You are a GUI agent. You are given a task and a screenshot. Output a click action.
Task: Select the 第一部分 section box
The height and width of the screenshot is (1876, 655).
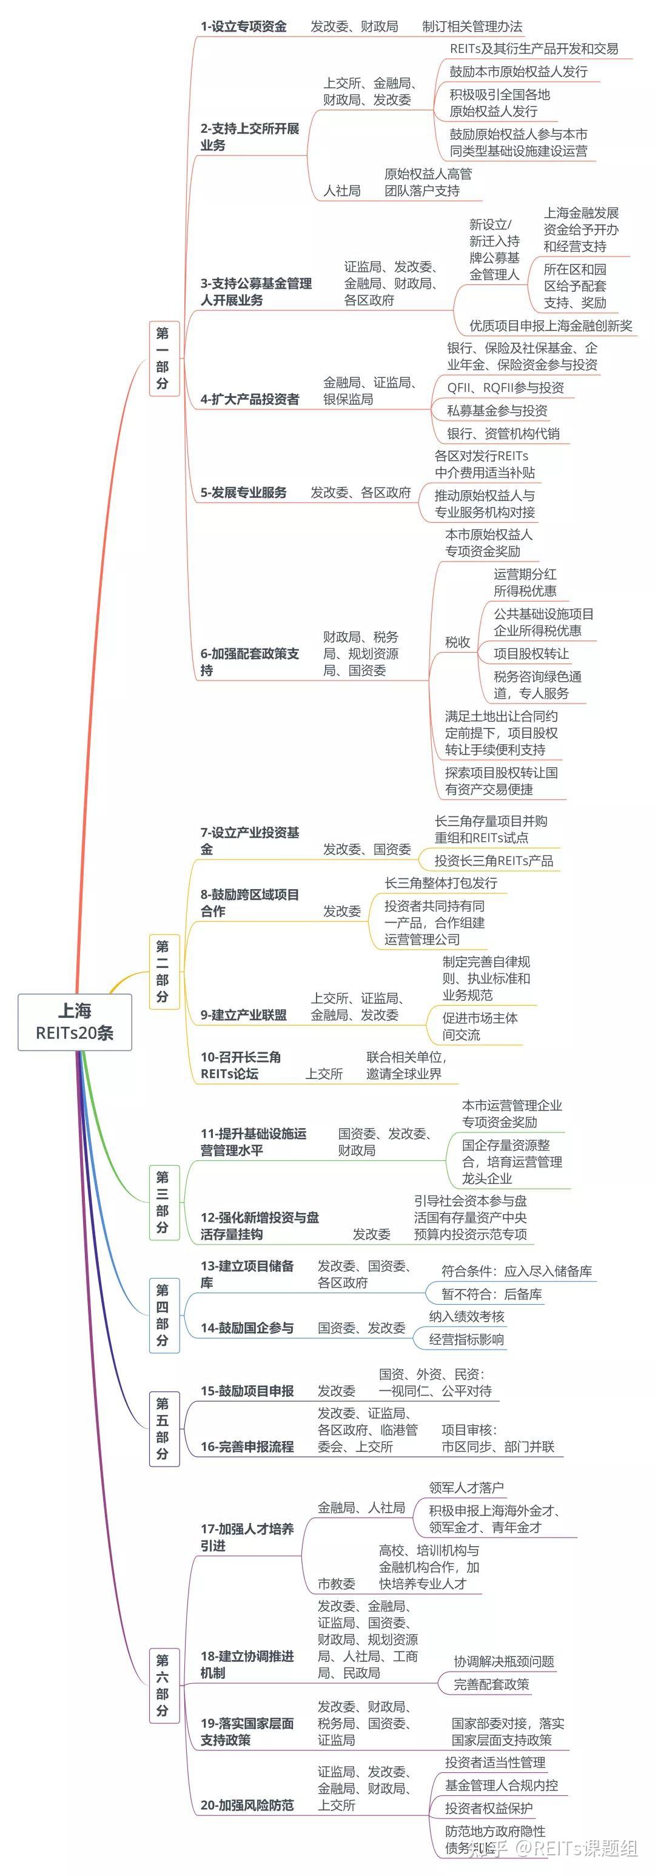tap(163, 358)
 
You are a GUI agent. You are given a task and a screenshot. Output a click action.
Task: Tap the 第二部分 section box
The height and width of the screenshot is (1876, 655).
tap(163, 971)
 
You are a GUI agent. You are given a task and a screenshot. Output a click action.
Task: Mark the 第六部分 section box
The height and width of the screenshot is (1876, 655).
tap(163, 1687)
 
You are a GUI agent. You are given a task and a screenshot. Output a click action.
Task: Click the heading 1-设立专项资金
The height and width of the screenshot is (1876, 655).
tap(243, 26)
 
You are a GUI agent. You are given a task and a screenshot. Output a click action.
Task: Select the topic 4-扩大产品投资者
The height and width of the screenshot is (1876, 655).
tap(250, 399)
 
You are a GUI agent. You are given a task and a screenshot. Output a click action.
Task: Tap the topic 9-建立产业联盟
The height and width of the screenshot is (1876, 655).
tap(243, 1015)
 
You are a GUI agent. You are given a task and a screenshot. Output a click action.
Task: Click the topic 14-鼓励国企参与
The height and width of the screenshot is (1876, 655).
tap(247, 1328)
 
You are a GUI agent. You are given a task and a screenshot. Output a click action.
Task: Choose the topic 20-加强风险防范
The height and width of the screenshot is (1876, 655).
tap(247, 1804)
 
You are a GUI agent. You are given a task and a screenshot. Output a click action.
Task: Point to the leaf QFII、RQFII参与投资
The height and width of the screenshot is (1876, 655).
tap(506, 388)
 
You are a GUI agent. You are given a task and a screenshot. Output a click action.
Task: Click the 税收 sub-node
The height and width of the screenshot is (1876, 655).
tap(457, 642)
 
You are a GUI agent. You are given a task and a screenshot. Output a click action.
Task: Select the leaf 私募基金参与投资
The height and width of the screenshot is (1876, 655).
tap(497, 411)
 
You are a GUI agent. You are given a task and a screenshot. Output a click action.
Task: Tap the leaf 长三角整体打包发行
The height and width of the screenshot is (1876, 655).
tap(441, 883)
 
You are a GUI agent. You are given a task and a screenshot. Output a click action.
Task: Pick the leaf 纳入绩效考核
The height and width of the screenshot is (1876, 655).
tap(466, 1316)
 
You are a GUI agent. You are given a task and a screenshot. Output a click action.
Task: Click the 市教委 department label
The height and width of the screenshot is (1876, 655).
tap(337, 1583)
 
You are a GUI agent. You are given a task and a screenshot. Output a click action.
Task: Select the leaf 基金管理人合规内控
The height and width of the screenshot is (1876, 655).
tap(502, 1784)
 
